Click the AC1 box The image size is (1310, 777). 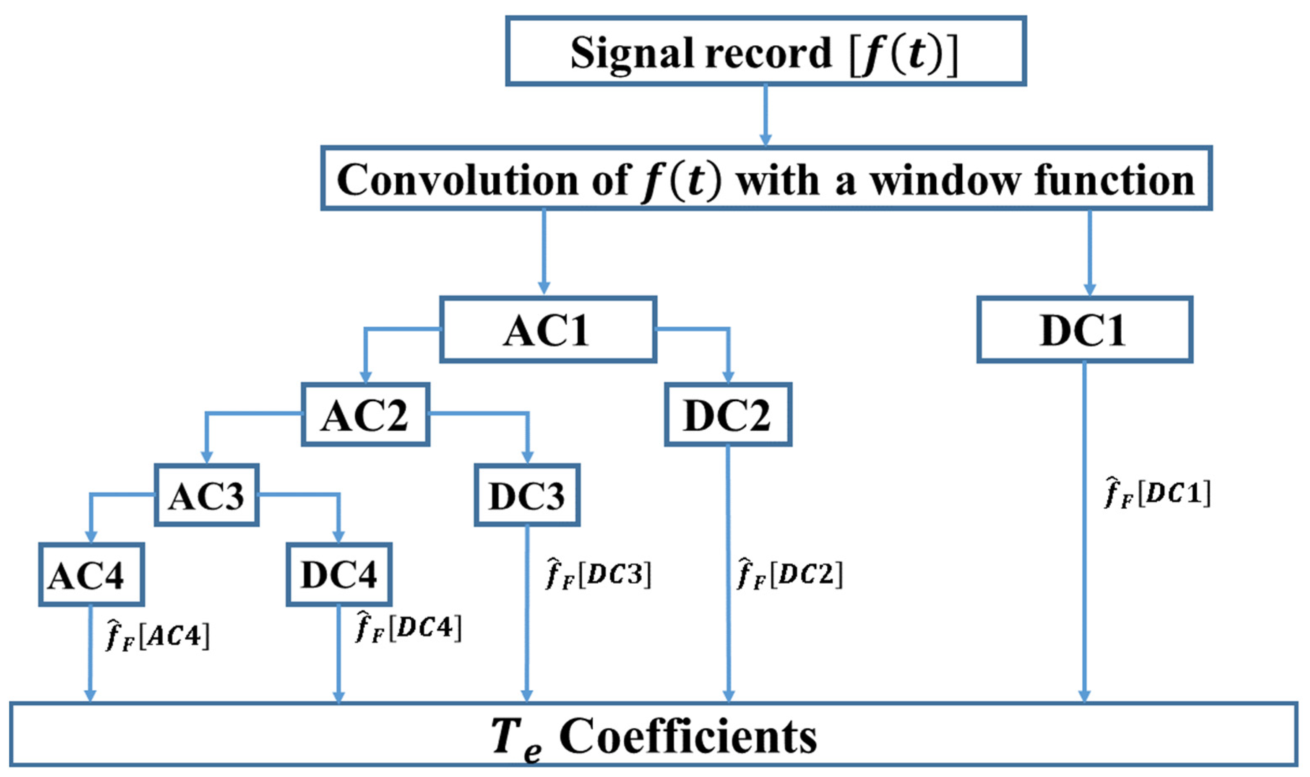point(548,330)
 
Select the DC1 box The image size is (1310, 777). point(1084,330)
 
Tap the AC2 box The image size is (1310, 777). point(365,415)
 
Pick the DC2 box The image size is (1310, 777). point(727,415)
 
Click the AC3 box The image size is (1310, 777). point(206,495)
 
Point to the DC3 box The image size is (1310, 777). point(527,495)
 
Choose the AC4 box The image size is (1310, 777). point(91,575)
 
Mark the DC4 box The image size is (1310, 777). point(339,575)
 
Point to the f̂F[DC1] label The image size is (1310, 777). point(1158,493)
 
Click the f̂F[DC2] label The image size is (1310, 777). point(790,574)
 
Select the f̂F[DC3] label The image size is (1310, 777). point(599,574)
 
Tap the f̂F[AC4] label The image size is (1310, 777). point(157,636)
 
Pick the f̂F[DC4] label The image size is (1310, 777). point(409,627)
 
